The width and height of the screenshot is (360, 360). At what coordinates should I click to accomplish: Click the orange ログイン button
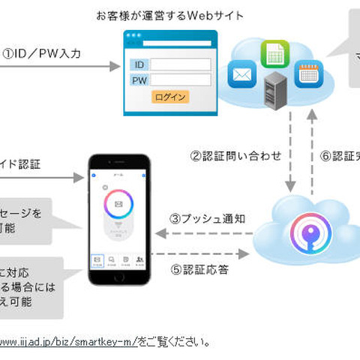pyautogui.click(x=170, y=97)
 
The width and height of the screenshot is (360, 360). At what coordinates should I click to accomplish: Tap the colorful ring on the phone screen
pyautogui.click(x=119, y=205)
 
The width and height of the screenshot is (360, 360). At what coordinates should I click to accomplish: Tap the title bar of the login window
pyautogui.click(x=170, y=36)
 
